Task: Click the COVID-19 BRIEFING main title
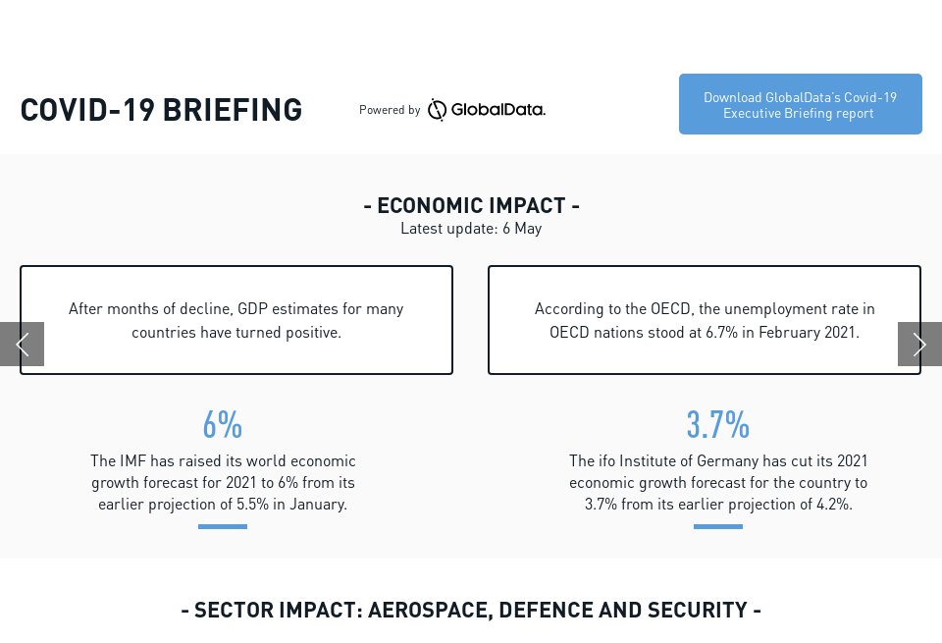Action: [161, 110]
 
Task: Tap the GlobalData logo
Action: [487, 110]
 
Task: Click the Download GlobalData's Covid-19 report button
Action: [800, 104]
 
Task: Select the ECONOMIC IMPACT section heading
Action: [471, 205]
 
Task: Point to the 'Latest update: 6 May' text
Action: [471, 229]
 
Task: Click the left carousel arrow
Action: [22, 344]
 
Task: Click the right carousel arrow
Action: [919, 344]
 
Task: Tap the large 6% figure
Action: [223, 425]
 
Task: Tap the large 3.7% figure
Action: [717, 425]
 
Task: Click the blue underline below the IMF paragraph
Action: [223, 526]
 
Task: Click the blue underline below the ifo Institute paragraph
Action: [717, 526]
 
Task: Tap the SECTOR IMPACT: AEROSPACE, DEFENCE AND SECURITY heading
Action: [471, 610]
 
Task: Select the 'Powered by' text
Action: [390, 110]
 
